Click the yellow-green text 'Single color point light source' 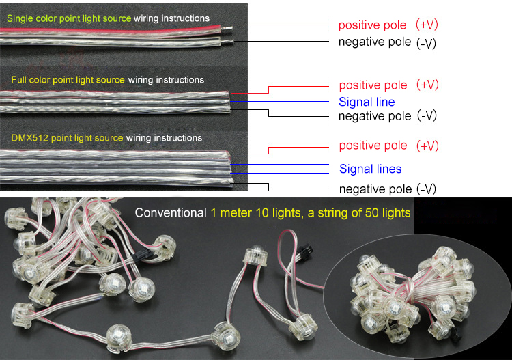69,18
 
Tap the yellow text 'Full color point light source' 68,80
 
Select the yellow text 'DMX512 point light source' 67,138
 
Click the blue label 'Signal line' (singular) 367,102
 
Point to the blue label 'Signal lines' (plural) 370,169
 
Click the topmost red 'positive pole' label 372,25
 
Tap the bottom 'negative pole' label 375,189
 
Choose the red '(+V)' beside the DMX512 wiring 427,146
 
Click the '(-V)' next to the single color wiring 426,44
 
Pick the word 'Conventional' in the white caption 171,213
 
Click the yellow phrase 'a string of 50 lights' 359,213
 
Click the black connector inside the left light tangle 143,254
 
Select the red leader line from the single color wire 281,27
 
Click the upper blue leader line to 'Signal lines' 279,165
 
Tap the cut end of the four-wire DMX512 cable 230,168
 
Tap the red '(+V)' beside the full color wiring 427,85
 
